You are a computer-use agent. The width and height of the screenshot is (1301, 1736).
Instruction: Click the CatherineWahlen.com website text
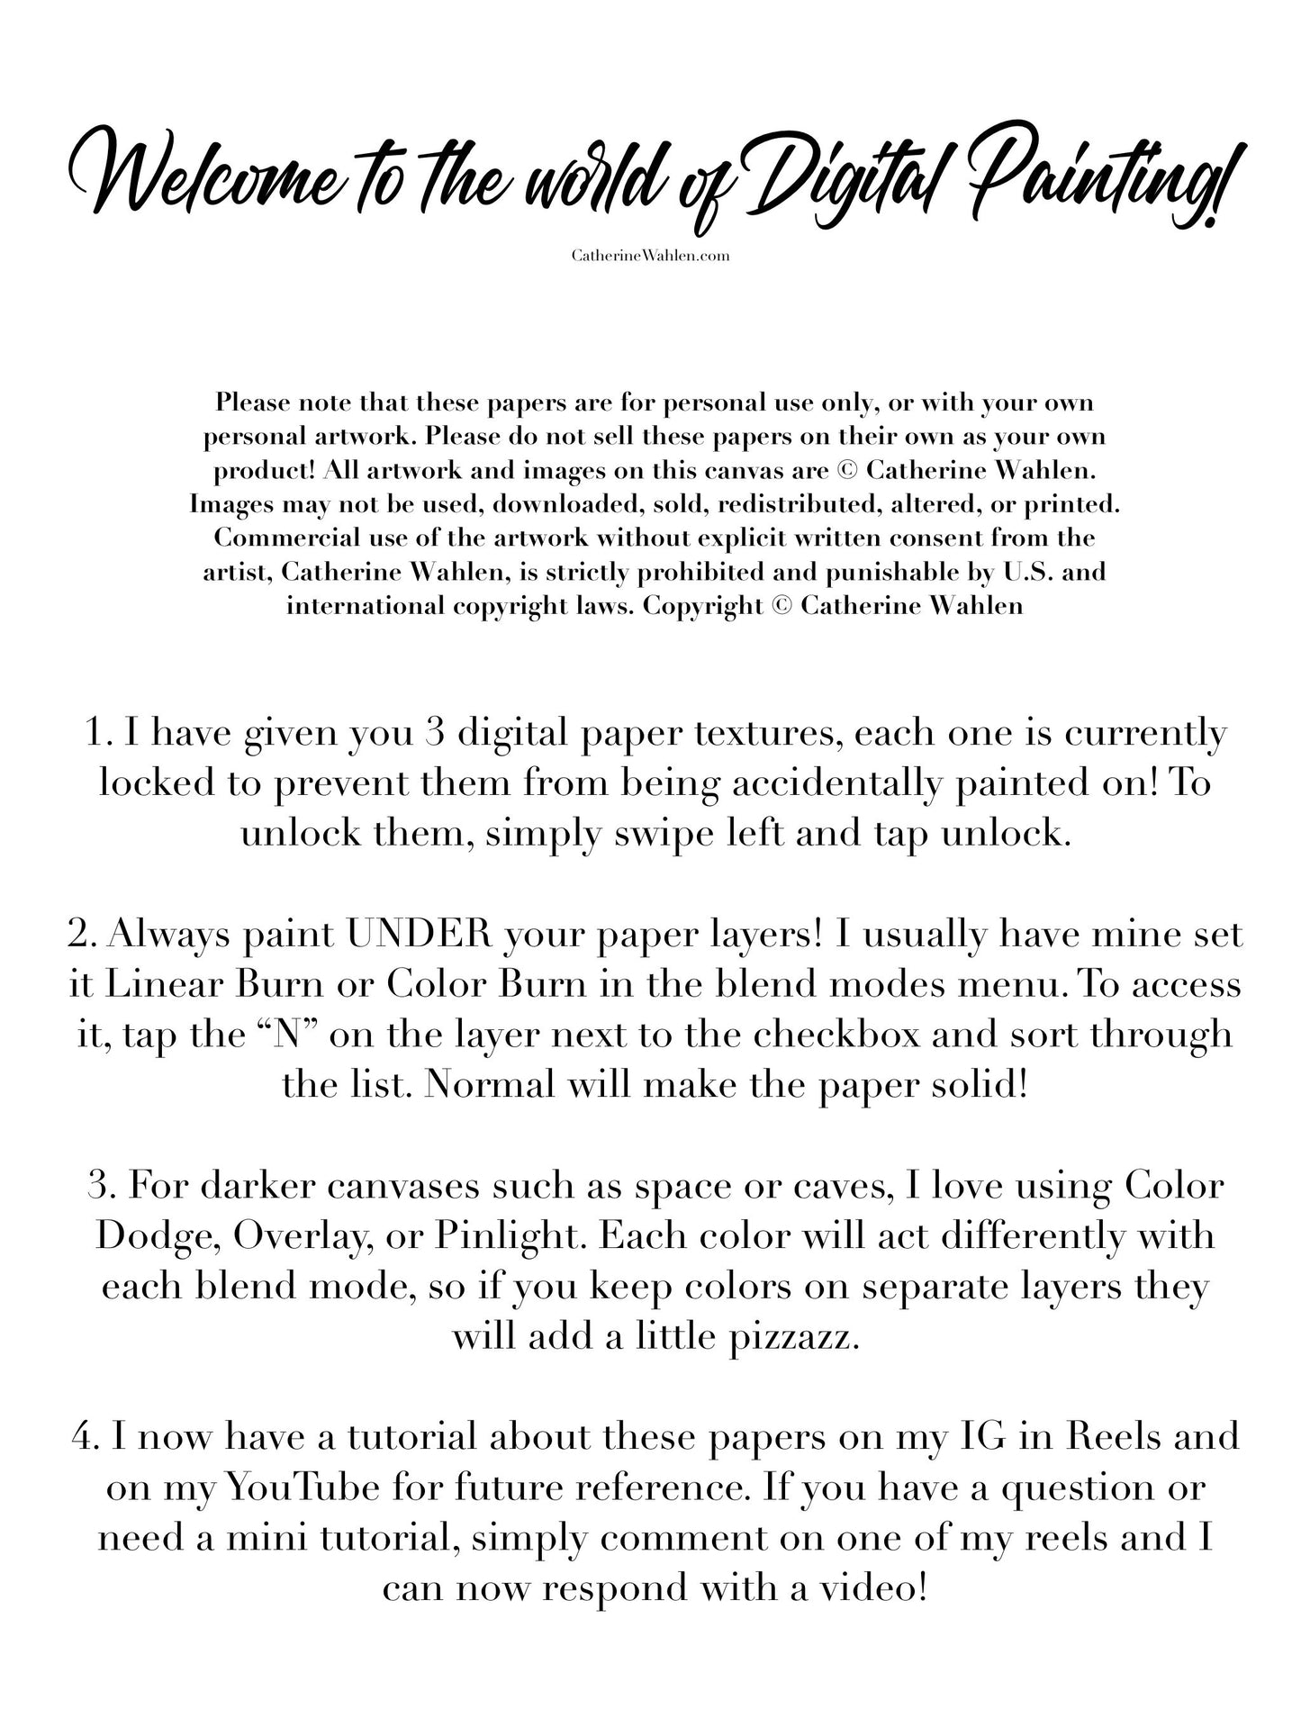click(x=650, y=256)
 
